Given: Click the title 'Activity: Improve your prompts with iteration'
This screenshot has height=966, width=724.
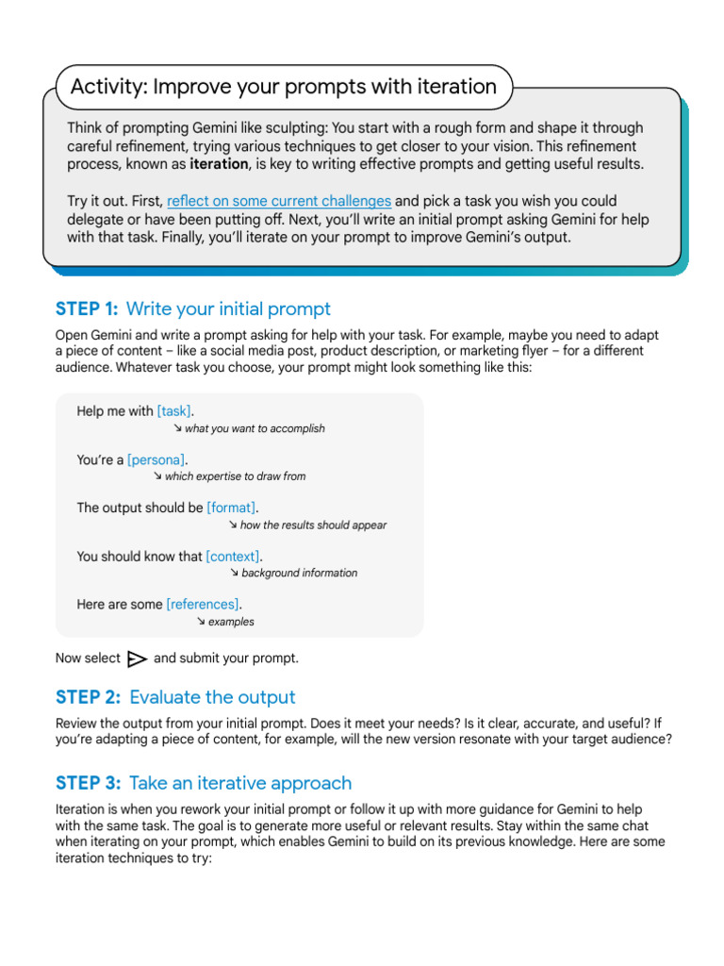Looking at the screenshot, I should pos(283,88).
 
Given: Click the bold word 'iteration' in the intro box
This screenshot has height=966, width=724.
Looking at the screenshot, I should pos(220,164).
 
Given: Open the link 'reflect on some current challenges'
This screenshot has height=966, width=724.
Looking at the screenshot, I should pos(279,201).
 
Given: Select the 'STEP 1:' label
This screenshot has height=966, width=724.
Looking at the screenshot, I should pos(87,309).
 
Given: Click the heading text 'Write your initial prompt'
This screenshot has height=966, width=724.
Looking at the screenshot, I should pos(228,309).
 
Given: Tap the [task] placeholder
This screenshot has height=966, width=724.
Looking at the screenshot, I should pos(174,411).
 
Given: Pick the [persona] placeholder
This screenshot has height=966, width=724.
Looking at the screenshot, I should pos(156,459).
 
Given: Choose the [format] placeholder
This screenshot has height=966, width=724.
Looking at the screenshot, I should pos(231,508).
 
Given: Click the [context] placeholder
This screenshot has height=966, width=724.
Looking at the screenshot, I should pos(233,557).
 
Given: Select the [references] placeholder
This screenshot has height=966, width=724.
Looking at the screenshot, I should pos(203,605).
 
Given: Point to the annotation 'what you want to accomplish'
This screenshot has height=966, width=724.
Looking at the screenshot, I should pos(255,429).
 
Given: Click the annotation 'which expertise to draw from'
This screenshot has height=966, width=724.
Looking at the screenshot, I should pos(235,477).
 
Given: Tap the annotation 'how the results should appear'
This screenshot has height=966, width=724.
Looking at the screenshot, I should pos(313,525).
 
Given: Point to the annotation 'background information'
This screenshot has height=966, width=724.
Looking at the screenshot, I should pos(299,574).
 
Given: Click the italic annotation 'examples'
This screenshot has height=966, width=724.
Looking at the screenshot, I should pos(231,623).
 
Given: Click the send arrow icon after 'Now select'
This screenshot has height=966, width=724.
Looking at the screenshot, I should pos(137,658).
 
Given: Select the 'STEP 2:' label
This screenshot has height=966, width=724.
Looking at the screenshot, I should pos(88,697).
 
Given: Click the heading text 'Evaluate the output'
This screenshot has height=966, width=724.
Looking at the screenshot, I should pos(212,697).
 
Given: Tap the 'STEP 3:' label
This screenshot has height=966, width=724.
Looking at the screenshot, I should pos(88,783).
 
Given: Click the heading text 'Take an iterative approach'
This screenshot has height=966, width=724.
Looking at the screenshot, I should pos(240,783).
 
